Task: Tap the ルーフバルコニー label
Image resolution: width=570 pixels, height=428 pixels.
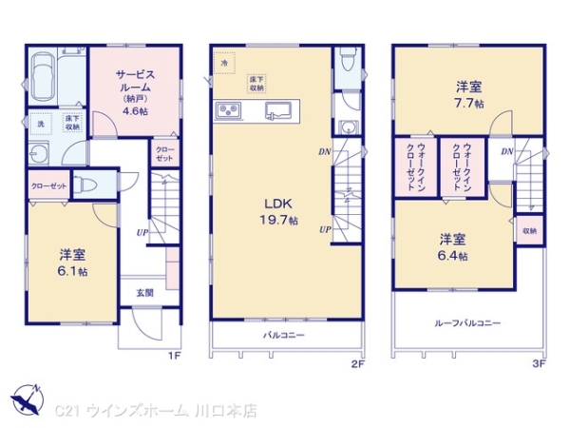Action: pyautogui.click(x=467, y=323)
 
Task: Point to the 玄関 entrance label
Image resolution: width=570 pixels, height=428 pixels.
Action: pyautogui.click(x=143, y=293)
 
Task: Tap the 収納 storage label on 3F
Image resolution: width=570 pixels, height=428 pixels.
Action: pyautogui.click(x=528, y=230)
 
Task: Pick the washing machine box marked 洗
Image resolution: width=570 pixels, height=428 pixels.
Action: pyautogui.click(x=40, y=123)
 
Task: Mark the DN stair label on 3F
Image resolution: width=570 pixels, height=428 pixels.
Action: pyautogui.click(x=507, y=151)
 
